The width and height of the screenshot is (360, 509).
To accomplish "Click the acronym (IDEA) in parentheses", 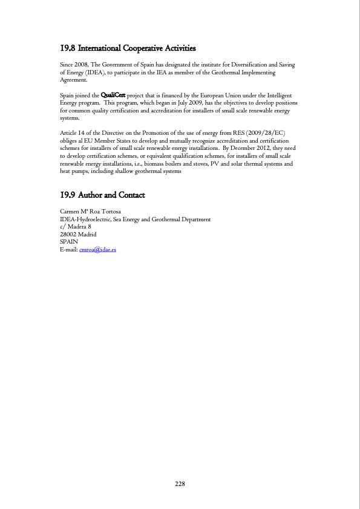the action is point(93,72).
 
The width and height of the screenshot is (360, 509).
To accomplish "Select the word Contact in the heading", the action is point(131,195).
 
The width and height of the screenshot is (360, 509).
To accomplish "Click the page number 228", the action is point(180,484).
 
